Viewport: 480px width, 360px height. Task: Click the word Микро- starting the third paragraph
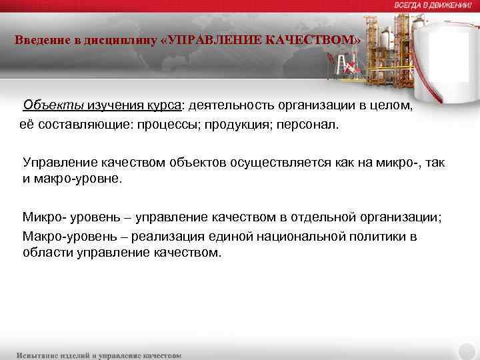point(42,217)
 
